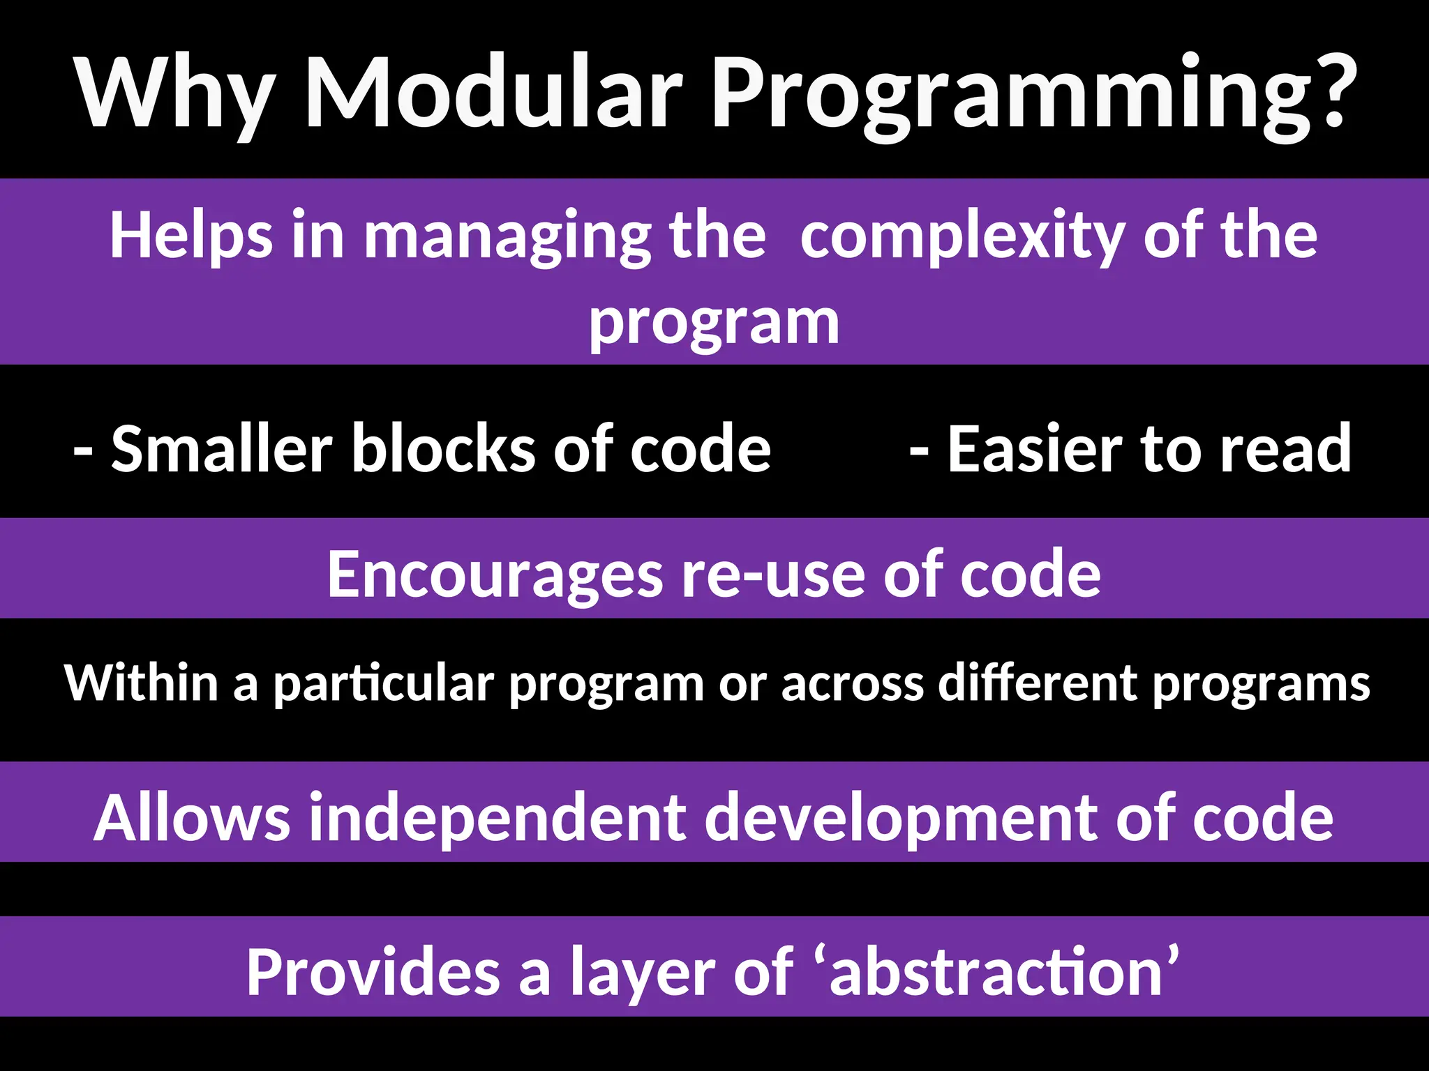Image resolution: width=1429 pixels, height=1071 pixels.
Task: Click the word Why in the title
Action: [174, 94]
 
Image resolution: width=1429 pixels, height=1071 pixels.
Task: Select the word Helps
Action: [190, 237]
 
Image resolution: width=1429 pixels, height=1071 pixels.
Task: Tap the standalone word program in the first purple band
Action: [714, 324]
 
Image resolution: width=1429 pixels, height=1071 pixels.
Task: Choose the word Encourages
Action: [495, 575]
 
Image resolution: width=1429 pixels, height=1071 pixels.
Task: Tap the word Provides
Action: [373, 973]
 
